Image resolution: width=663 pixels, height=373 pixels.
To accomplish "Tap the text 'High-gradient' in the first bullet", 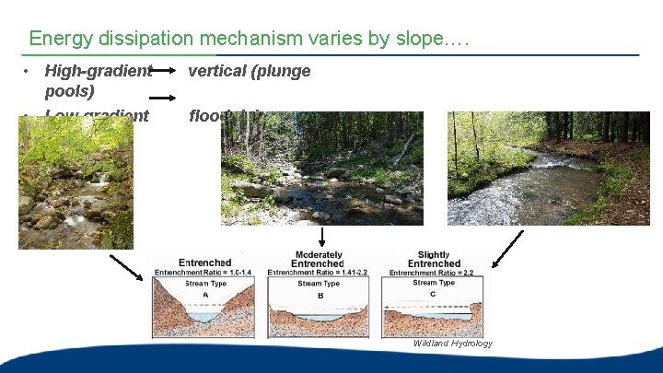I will pyautogui.click(x=98, y=71).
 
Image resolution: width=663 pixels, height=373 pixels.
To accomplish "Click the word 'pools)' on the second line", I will pyautogui.click(x=69, y=92).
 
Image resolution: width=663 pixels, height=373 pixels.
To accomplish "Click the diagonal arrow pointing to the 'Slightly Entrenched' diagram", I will pyautogui.click(x=507, y=249).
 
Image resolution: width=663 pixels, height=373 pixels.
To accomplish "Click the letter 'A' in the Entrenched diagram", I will pyautogui.click(x=205, y=295).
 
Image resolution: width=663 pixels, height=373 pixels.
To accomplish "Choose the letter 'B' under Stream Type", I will pyautogui.click(x=320, y=295).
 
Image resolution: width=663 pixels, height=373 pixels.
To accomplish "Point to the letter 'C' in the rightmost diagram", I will pyautogui.click(x=434, y=295).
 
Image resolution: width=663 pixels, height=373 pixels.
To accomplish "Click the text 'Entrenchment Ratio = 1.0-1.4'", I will pyautogui.click(x=204, y=273).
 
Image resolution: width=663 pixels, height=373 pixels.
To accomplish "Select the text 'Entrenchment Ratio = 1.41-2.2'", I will pyautogui.click(x=319, y=273).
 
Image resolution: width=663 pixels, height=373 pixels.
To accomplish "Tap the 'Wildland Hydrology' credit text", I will pyautogui.click(x=452, y=344).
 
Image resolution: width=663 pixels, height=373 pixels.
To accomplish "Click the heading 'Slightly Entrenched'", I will pyautogui.click(x=434, y=259).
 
